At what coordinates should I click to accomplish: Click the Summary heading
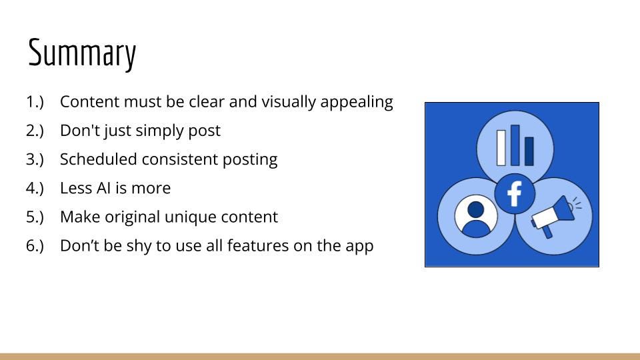tap(81, 53)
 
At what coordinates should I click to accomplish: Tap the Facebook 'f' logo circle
tap(514, 193)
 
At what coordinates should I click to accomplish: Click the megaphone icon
tap(556, 215)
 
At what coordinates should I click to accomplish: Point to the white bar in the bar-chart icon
tap(501, 148)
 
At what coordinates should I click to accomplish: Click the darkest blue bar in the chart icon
tap(529, 151)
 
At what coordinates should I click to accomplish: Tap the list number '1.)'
tap(35, 102)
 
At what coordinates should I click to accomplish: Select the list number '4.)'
tap(35, 188)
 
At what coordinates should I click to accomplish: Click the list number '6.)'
tap(35, 246)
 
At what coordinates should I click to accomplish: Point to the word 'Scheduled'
tap(98, 159)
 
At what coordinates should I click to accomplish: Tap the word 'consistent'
tap(179, 159)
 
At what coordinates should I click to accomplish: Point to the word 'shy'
tap(139, 247)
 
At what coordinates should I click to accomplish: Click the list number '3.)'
tap(35, 159)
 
